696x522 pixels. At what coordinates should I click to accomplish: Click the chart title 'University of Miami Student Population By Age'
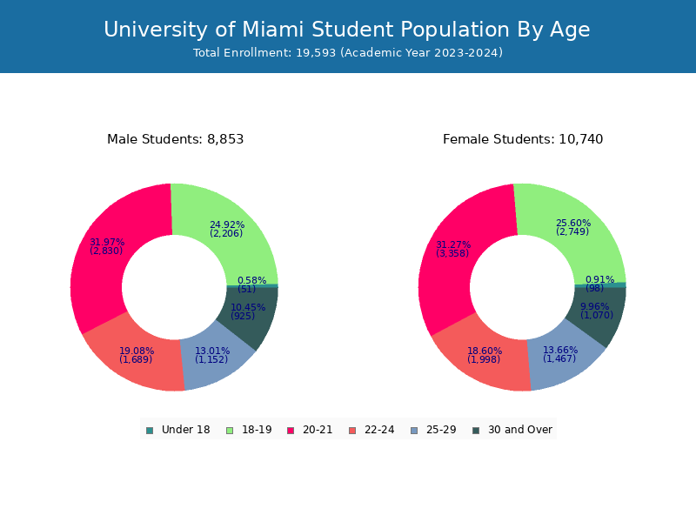tap(347, 30)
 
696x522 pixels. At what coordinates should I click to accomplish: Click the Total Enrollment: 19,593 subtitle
tap(347, 53)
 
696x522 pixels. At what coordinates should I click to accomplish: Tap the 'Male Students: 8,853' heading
tap(175, 139)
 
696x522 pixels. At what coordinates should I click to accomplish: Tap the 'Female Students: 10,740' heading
tap(522, 139)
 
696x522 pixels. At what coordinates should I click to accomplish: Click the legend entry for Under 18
tap(178, 430)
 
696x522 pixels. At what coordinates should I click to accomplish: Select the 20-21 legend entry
tap(310, 430)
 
